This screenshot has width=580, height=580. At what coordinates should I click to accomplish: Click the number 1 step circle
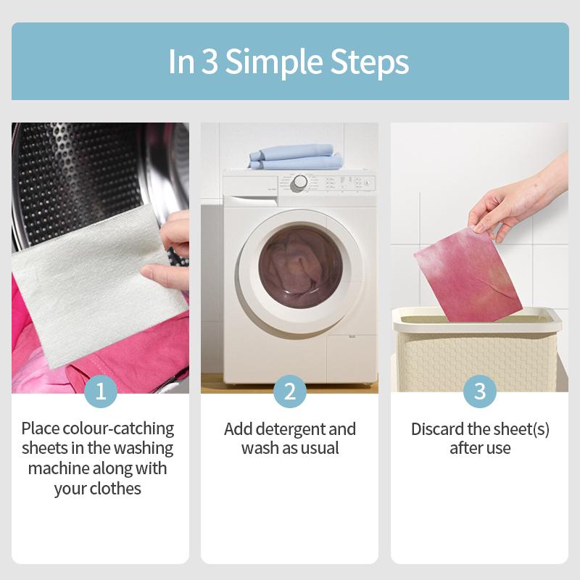101,391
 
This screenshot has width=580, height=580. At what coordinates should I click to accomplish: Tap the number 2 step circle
290,391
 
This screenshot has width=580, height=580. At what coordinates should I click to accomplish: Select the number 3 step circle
480,391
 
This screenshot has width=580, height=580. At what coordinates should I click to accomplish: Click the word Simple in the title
275,62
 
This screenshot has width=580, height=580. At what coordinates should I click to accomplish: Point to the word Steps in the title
370,62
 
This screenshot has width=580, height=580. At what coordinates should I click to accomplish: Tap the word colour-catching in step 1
118,429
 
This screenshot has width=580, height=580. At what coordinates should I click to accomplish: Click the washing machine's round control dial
299,183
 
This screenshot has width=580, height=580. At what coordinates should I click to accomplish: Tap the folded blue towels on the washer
296,157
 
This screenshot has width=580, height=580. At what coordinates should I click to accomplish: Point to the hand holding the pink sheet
518,200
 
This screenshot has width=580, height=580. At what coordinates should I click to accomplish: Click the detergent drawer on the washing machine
250,190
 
